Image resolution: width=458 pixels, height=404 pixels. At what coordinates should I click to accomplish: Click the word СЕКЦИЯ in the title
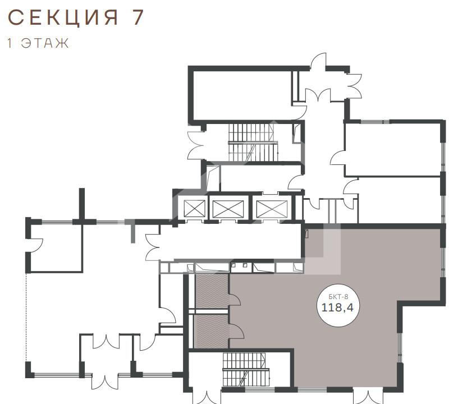click(63, 17)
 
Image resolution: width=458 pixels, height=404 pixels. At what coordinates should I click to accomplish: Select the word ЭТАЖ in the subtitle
click(45, 43)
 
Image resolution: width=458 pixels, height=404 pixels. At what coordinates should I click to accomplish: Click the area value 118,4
click(337, 307)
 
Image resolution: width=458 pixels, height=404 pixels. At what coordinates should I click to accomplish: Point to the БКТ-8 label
click(338, 297)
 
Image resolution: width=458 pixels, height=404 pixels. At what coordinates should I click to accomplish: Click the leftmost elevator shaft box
click(195, 209)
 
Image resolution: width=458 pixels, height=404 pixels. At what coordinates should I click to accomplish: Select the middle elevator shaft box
click(228, 209)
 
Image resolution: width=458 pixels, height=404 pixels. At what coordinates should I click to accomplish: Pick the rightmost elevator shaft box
click(272, 209)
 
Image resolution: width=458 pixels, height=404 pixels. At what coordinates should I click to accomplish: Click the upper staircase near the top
click(253, 142)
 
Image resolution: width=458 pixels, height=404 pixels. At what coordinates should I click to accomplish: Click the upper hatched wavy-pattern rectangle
click(212, 291)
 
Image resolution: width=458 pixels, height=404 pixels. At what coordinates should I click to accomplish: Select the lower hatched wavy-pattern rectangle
click(212, 331)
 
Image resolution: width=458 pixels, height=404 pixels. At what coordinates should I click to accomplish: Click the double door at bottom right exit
click(368, 396)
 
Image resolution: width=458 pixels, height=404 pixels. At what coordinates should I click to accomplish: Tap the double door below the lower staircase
click(207, 396)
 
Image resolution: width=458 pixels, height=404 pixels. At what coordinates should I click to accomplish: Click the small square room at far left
click(56, 248)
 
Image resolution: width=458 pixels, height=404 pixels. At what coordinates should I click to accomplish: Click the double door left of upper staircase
click(196, 145)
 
